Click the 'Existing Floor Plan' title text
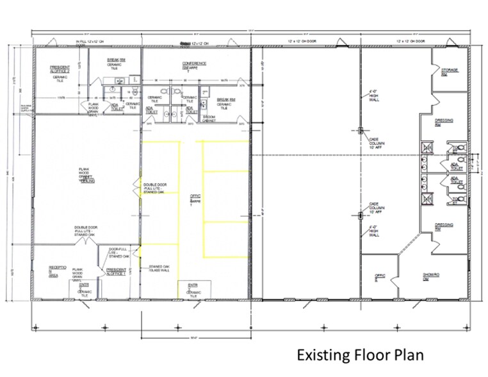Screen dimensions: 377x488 359,354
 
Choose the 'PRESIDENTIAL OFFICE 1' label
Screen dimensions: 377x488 116,272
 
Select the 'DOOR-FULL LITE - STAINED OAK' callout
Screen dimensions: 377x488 120,253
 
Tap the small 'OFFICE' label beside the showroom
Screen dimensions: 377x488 378,277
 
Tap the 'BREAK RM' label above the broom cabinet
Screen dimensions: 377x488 226,101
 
